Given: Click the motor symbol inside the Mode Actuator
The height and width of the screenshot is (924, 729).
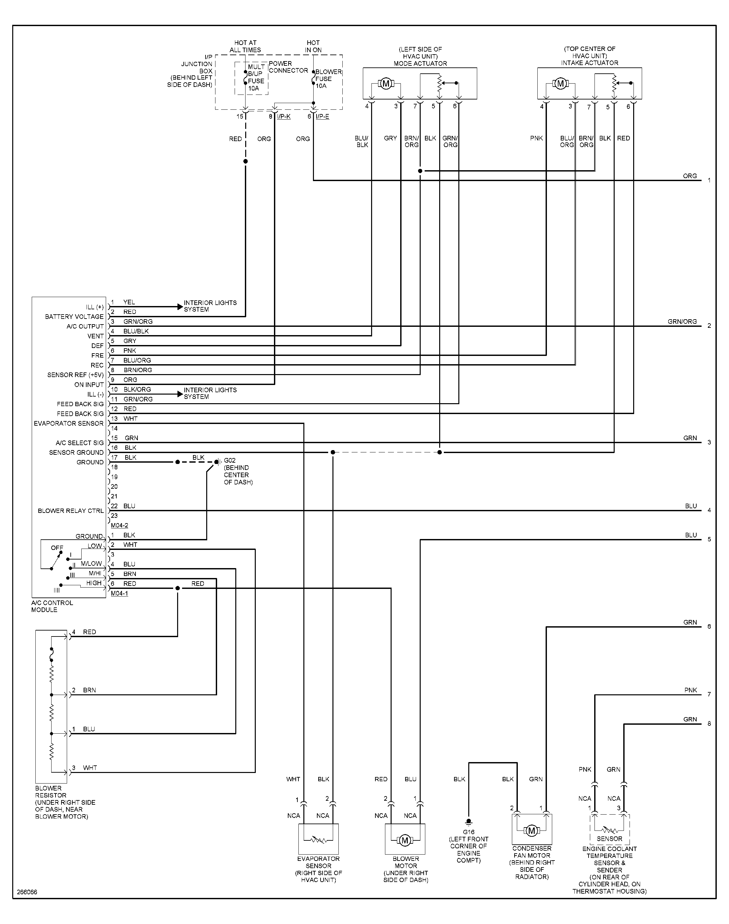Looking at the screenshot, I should click(386, 84).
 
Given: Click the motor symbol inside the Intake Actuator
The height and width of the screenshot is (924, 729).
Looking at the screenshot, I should click(560, 84).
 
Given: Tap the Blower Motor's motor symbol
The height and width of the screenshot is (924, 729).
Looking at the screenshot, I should click(404, 840).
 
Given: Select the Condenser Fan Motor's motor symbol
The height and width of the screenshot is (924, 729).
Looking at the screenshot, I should click(531, 830).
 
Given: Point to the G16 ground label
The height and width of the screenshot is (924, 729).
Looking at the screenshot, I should click(468, 832).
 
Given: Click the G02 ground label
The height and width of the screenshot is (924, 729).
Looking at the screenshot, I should click(230, 460).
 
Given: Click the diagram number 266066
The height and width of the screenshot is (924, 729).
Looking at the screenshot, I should click(27, 892).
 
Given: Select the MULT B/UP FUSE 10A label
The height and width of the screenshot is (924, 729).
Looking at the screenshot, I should click(256, 78).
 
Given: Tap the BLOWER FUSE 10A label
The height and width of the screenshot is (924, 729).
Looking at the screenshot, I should click(328, 79).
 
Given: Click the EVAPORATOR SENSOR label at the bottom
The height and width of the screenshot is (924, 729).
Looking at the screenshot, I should click(319, 863).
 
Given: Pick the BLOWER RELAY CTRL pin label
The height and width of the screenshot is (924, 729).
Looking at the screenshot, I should click(70, 511).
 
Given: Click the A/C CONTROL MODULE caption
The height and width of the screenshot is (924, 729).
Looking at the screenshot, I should click(52, 606).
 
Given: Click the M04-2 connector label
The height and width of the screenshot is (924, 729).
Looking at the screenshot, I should click(120, 525).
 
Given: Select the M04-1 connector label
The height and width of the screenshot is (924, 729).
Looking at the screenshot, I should click(120, 594).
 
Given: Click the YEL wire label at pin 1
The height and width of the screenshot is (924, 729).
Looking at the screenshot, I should click(129, 302).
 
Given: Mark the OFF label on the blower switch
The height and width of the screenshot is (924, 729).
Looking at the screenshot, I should click(57, 548).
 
